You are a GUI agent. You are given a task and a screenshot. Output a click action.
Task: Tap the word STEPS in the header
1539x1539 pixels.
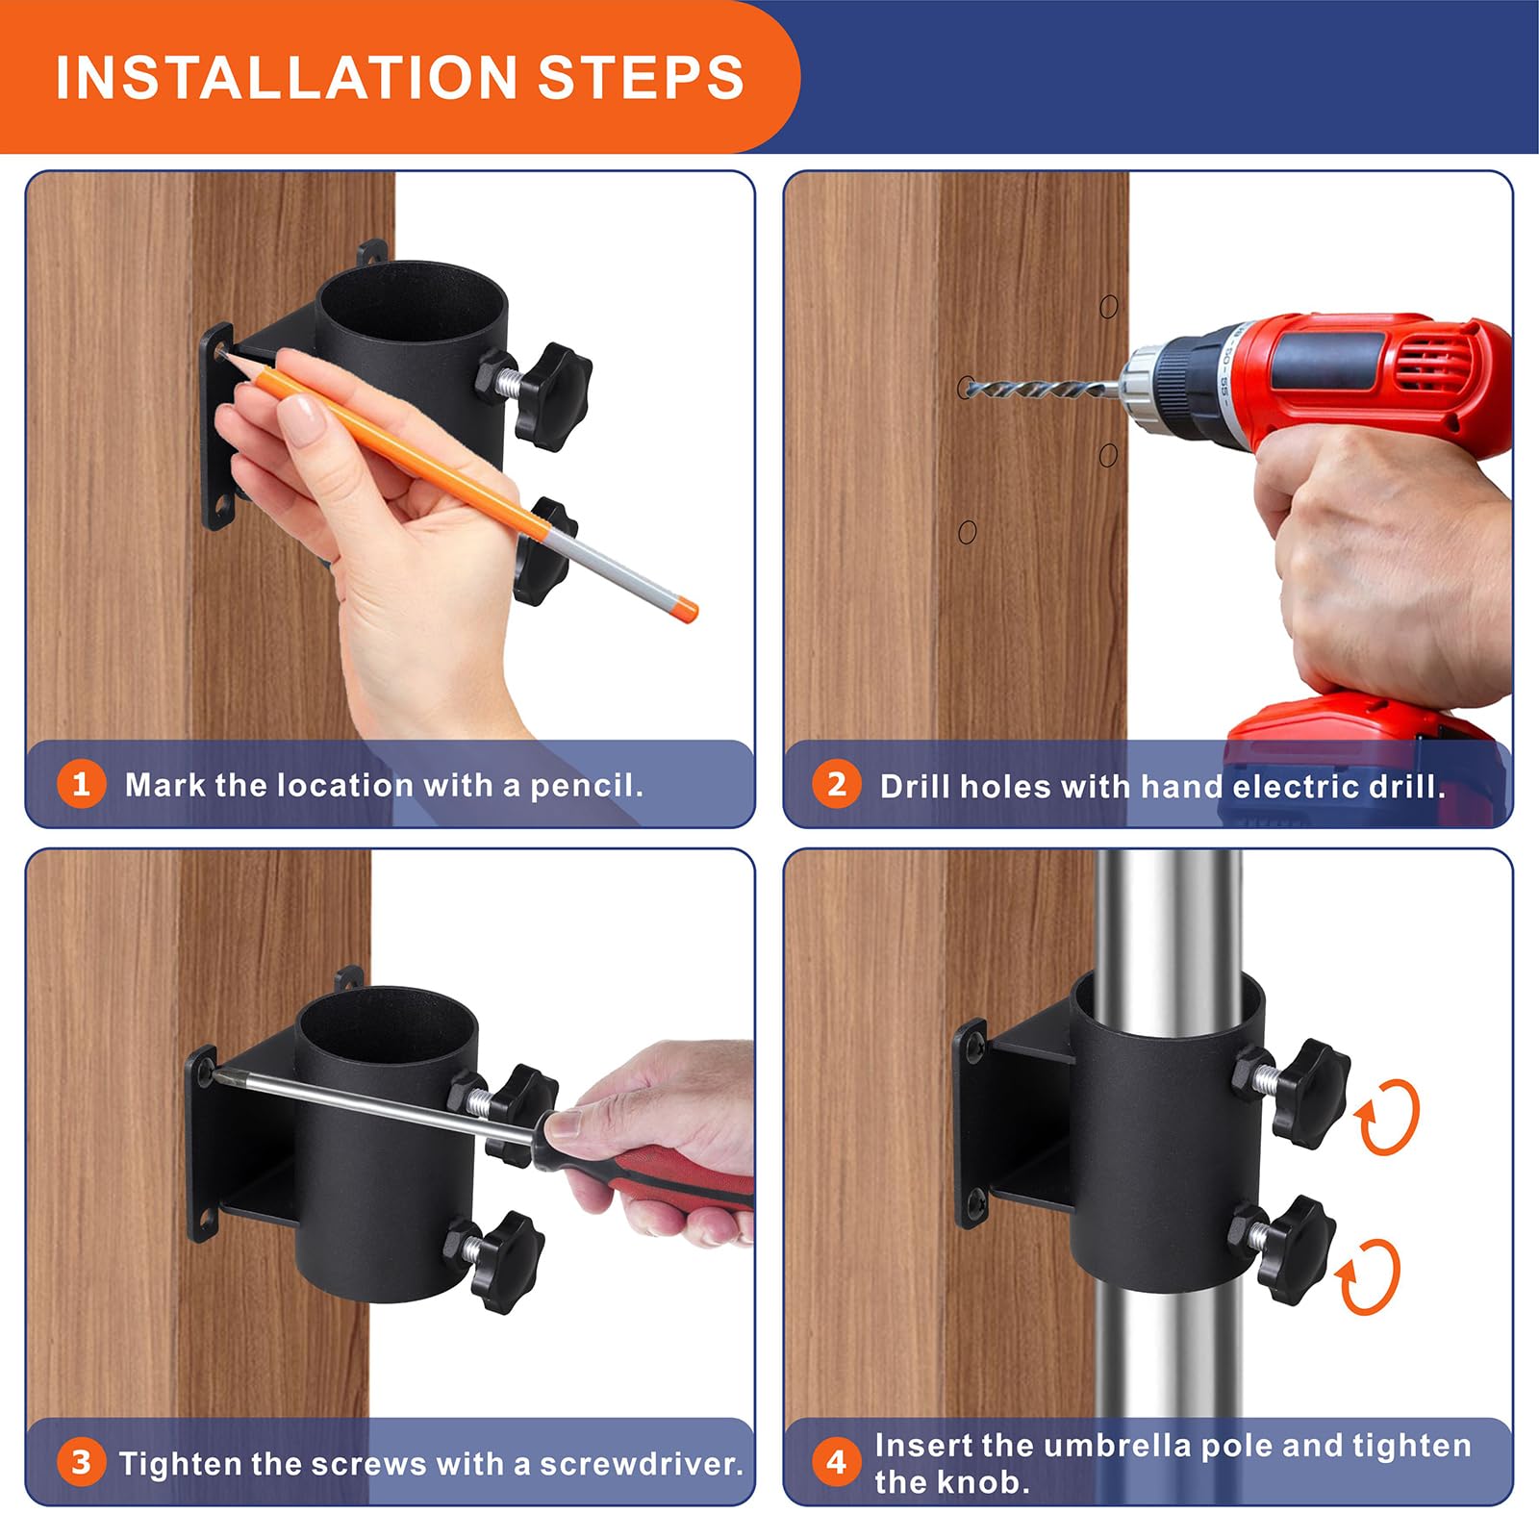[641, 77]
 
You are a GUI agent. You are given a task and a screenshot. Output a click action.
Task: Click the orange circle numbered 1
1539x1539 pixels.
[81, 784]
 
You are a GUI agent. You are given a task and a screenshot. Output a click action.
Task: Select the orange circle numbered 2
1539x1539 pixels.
[836, 785]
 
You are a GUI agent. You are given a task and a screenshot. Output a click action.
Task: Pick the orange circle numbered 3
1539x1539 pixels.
[81, 1462]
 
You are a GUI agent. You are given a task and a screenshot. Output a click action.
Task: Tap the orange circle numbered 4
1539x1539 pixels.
[836, 1462]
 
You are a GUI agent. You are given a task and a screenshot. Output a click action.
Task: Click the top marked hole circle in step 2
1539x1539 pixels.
[1108, 307]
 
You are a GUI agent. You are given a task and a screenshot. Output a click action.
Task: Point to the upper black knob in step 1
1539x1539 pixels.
[554, 394]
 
